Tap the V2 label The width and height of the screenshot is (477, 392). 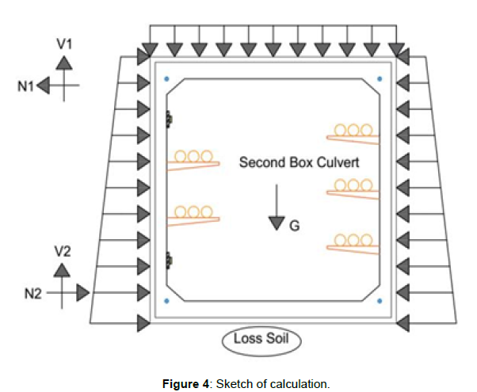63,251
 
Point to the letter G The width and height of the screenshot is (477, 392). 294,226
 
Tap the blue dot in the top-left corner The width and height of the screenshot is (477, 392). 166,79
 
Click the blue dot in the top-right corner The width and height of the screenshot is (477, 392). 380,79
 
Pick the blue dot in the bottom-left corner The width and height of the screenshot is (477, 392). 166,301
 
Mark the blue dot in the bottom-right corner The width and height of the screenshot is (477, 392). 380,301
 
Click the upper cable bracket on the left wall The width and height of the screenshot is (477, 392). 192,159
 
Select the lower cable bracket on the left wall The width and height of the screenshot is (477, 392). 192,214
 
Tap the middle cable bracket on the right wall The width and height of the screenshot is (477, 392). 354,188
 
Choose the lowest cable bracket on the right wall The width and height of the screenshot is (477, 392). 354,242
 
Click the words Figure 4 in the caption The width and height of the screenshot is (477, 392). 189,383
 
